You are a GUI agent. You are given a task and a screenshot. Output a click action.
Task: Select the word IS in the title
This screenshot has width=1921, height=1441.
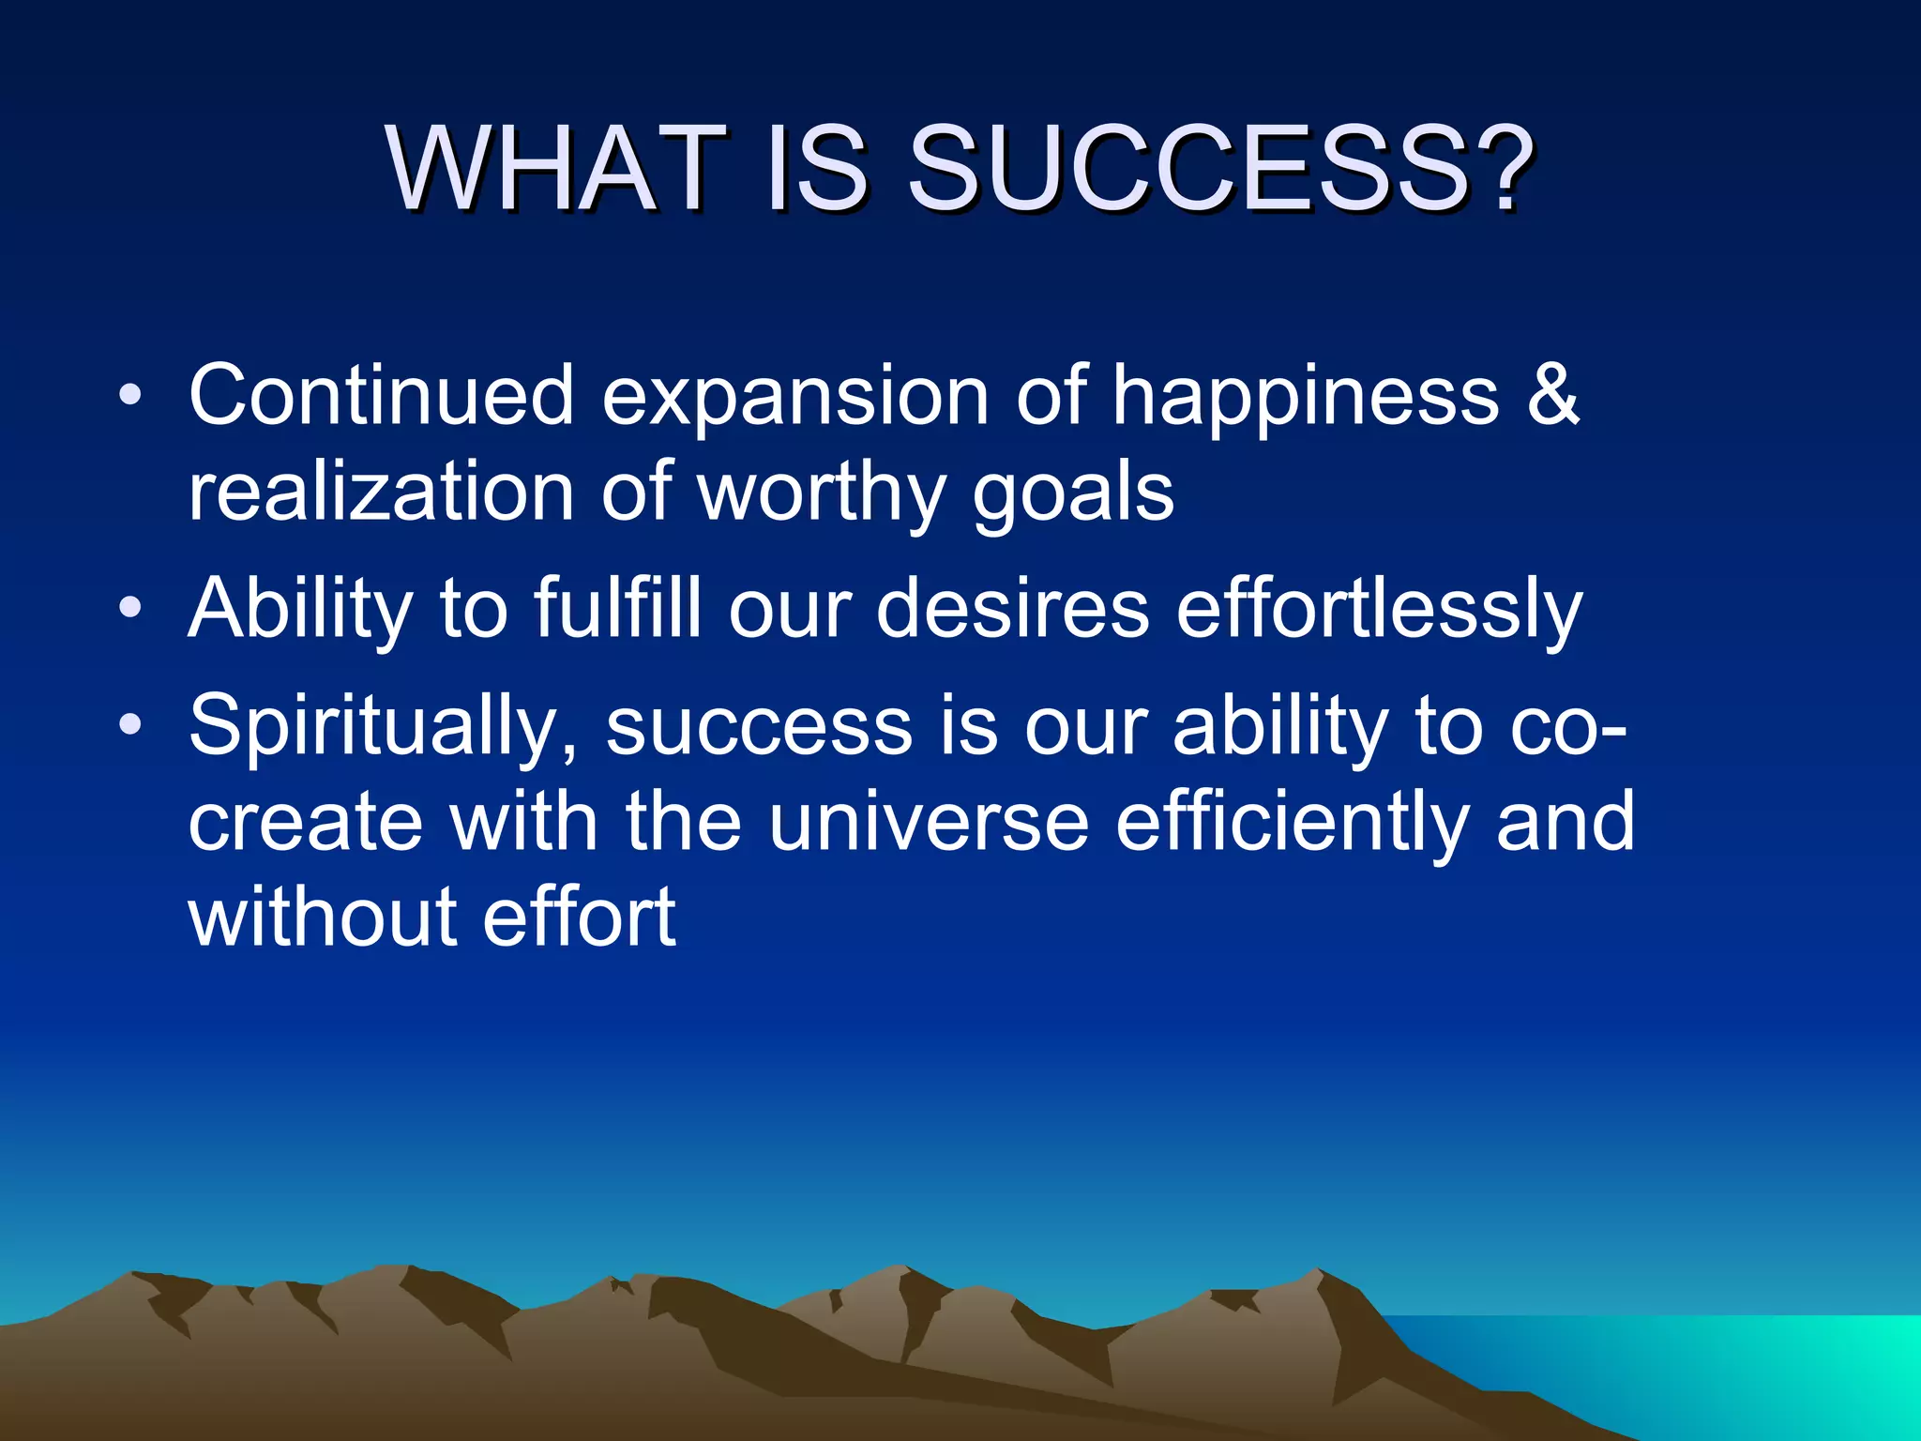click(817, 169)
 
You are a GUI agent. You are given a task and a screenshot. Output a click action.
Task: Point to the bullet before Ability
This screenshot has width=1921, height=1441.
click(130, 609)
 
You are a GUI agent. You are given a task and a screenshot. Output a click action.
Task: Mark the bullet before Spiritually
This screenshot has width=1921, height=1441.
click(130, 725)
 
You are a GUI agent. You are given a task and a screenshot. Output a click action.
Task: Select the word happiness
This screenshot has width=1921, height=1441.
click(1305, 399)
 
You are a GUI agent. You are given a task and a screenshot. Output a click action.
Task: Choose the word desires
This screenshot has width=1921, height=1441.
click(1013, 609)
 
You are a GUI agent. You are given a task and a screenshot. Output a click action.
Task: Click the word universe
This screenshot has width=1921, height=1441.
click(929, 822)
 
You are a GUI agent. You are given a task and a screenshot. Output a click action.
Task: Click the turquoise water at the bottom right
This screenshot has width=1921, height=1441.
click(1735, 1370)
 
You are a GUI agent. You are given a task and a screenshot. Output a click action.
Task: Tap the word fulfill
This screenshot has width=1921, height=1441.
click(618, 609)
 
